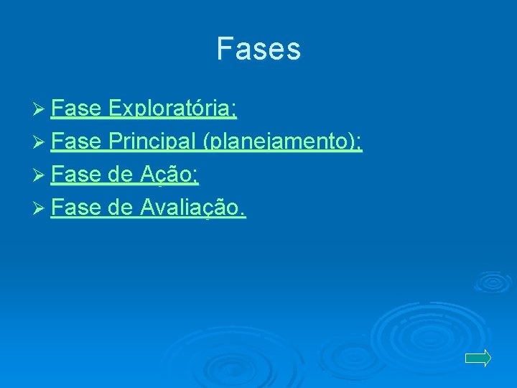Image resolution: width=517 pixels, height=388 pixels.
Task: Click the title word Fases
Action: [258, 49]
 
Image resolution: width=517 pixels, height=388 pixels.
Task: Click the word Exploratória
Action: [170, 109]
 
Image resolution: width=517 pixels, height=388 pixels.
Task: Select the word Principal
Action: [152, 142]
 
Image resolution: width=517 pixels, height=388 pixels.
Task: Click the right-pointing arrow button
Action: [478, 358]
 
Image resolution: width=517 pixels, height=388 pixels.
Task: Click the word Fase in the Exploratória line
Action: [76, 109]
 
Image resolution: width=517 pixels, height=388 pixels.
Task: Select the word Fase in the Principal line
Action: [76, 142]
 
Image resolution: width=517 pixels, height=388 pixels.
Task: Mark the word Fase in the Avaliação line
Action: [76, 208]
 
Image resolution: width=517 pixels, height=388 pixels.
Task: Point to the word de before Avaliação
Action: [121, 208]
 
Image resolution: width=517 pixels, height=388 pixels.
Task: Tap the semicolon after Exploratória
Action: [235, 112]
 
